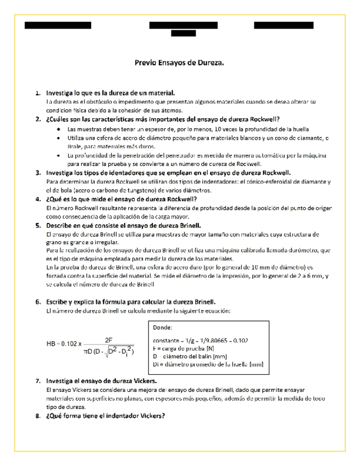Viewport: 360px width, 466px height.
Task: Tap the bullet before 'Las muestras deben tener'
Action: click(59, 129)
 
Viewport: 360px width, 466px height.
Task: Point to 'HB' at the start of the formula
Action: click(51, 344)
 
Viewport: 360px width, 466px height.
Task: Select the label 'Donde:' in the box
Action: click(162, 327)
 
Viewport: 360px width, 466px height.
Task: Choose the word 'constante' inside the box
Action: click(165, 340)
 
